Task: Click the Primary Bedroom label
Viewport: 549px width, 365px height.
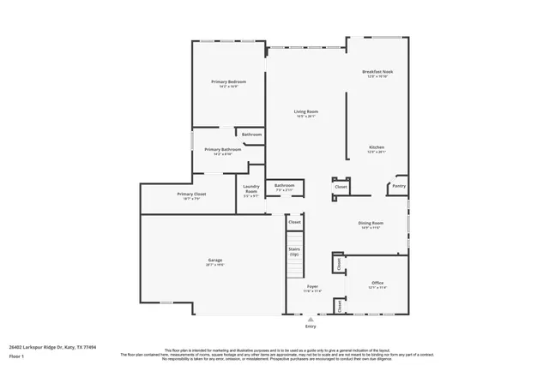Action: (228, 81)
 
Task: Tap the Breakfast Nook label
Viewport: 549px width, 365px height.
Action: (377, 72)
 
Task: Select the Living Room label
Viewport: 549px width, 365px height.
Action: (306, 111)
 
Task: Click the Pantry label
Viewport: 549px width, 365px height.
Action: (399, 186)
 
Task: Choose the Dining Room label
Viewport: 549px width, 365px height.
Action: (371, 223)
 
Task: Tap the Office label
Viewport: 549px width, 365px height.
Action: (377, 282)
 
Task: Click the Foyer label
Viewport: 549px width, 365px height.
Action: (312, 286)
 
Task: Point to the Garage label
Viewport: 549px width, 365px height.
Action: (214, 260)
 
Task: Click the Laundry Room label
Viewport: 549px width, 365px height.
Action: (250, 188)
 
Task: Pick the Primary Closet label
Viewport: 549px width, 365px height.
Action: (191, 194)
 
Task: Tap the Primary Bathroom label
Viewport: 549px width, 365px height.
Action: (222, 149)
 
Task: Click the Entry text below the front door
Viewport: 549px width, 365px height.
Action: (310, 326)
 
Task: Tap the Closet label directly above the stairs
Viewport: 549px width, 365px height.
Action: (294, 222)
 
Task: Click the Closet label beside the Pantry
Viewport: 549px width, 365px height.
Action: (341, 186)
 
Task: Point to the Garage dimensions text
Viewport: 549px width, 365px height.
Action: (214, 265)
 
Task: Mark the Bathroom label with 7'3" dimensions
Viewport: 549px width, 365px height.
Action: (284, 185)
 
